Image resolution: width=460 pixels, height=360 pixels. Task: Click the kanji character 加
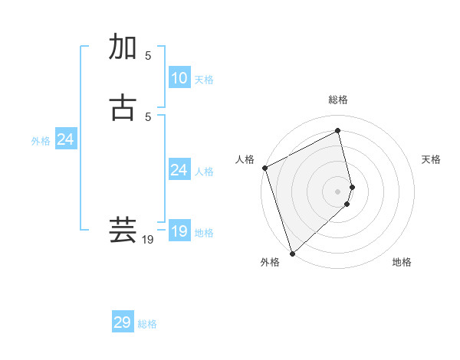(x=123, y=47)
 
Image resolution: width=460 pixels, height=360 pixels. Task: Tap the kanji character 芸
(x=123, y=231)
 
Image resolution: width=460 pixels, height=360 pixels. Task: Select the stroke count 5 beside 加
(x=148, y=55)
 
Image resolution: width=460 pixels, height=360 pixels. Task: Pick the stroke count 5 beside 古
(x=148, y=116)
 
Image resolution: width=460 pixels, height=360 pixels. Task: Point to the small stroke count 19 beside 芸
(x=148, y=240)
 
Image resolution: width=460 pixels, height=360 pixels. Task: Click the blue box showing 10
(x=179, y=78)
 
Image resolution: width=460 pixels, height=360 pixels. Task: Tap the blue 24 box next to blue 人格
(x=179, y=170)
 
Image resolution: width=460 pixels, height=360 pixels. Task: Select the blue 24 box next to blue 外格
(x=66, y=139)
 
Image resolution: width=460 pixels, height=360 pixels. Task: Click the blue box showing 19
(x=179, y=231)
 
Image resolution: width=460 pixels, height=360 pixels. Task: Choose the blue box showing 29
(x=123, y=322)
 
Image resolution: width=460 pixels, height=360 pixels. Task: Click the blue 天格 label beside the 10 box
(x=204, y=80)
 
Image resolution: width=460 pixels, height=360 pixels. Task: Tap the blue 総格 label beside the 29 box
(x=147, y=324)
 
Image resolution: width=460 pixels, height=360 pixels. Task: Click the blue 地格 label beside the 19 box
(x=204, y=233)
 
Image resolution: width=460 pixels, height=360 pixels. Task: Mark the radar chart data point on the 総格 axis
(x=338, y=131)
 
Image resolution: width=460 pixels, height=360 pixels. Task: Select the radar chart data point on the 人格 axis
(x=264, y=168)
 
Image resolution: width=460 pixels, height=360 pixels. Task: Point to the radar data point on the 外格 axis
(x=292, y=253)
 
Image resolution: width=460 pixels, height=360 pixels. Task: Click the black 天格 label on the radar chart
(x=432, y=159)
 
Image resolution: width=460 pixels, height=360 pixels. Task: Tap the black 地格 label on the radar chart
(x=402, y=262)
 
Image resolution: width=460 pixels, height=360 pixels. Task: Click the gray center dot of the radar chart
(x=338, y=191)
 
